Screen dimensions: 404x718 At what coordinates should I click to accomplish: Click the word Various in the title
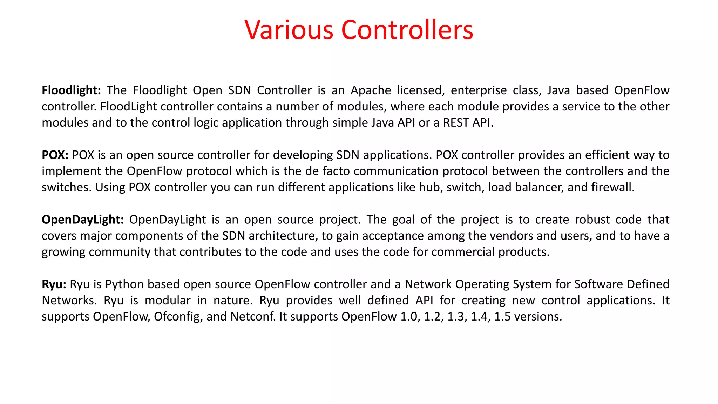click(x=289, y=30)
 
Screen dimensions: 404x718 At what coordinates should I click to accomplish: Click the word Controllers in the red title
click(x=407, y=30)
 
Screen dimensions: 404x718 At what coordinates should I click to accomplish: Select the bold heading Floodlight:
click(x=71, y=90)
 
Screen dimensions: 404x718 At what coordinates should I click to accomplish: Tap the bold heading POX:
click(x=55, y=155)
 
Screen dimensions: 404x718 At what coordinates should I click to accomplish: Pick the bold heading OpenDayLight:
click(x=83, y=220)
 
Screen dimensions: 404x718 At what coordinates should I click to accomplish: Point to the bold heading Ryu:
click(x=54, y=284)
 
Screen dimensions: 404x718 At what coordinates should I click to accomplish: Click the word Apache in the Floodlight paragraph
click(x=371, y=90)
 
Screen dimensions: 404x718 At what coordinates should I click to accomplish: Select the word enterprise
click(x=479, y=90)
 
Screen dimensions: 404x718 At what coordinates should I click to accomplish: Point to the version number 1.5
click(x=502, y=317)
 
